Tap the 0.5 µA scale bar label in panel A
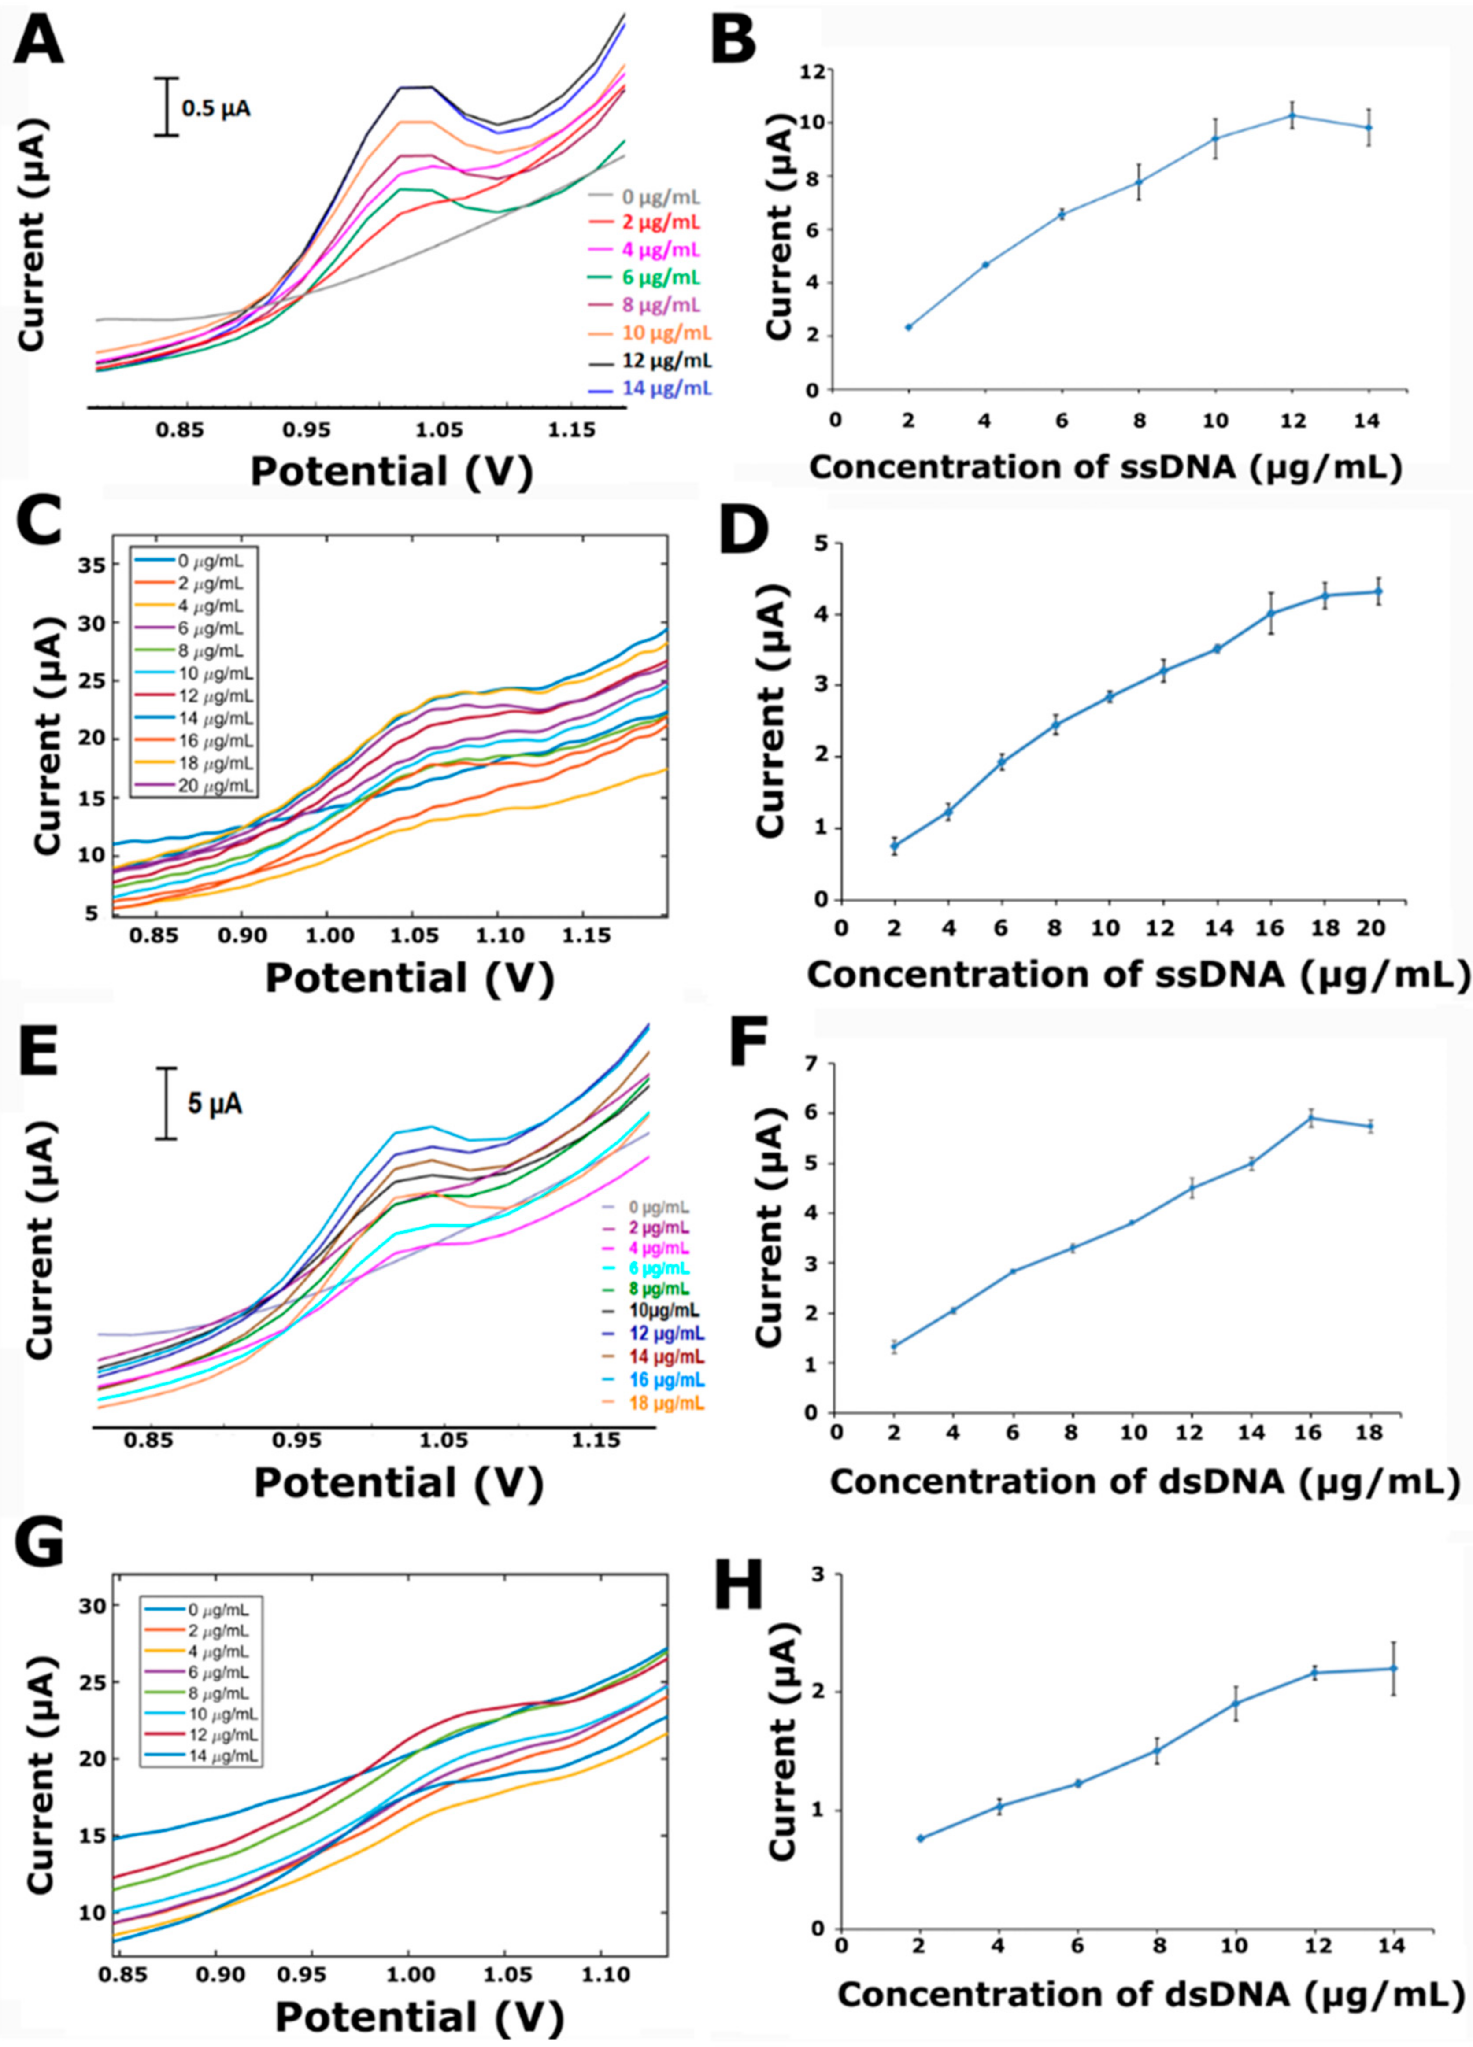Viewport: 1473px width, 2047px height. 217,109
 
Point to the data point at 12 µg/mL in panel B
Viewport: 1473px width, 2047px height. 1292,115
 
